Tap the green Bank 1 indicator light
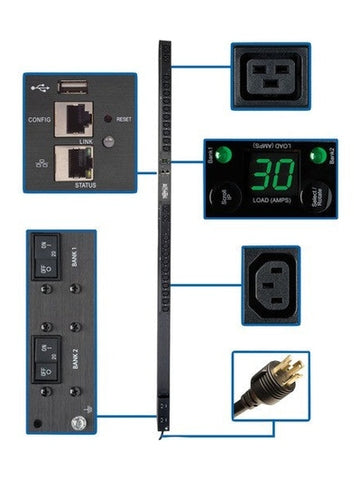(222, 155)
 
